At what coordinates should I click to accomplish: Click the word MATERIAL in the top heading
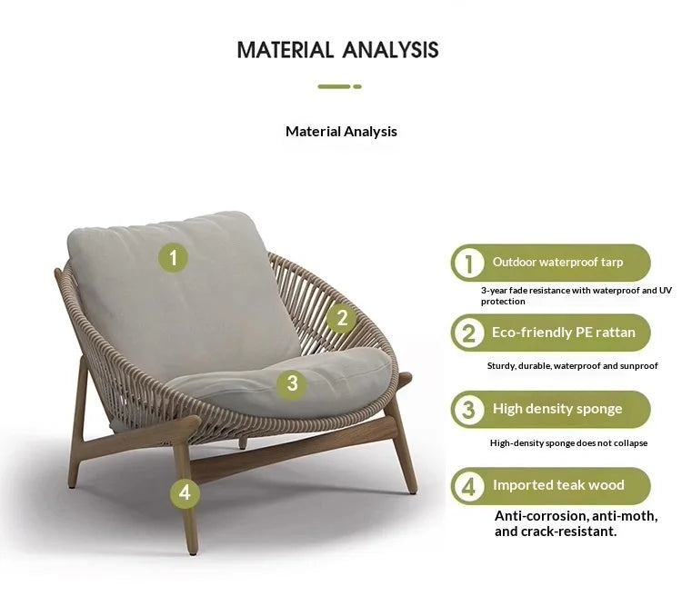point(285,50)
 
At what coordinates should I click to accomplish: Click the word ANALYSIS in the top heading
point(390,50)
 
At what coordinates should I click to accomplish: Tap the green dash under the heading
point(339,86)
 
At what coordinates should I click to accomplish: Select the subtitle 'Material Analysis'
point(341,132)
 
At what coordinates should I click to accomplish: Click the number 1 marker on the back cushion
point(173,258)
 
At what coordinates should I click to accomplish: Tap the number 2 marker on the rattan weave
point(342,318)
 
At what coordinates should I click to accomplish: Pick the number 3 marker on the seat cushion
point(292,383)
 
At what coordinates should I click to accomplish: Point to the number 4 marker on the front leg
point(185,493)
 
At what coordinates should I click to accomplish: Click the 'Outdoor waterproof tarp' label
point(557,263)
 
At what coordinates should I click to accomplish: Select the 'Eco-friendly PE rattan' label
point(564,333)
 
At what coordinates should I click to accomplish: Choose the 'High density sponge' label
point(557,409)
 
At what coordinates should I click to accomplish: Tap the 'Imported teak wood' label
point(558,485)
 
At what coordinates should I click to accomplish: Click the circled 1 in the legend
point(468,263)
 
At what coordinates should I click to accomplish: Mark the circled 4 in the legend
point(468,486)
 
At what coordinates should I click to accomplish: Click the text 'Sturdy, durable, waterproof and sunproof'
point(572,366)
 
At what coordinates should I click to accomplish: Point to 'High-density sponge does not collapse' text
point(568,443)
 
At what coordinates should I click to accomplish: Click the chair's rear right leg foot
point(412,490)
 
